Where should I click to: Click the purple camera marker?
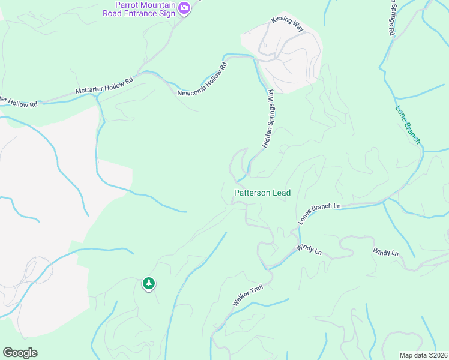184,9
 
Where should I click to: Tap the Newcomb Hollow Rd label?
203,79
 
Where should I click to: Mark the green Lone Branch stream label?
408,125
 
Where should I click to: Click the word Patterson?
253,193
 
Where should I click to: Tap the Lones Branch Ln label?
319,214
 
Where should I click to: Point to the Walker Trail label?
248,298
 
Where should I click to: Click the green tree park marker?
148,283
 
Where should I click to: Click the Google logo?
20,353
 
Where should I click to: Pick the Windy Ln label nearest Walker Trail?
309,250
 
